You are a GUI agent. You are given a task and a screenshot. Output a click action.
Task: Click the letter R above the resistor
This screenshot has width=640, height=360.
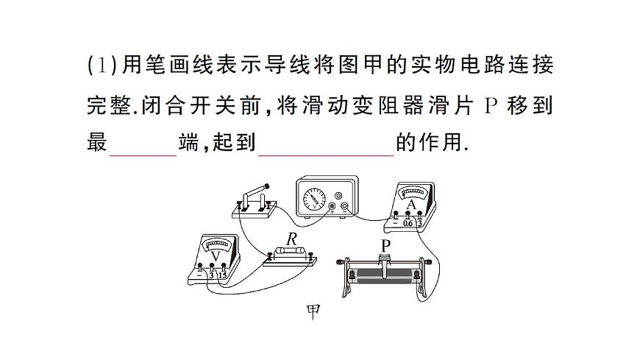pyautogui.click(x=292, y=239)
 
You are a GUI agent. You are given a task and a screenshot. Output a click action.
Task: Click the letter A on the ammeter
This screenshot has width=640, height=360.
pyautogui.click(x=411, y=204)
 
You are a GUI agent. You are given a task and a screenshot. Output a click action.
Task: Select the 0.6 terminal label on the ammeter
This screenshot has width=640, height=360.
pyautogui.click(x=408, y=223)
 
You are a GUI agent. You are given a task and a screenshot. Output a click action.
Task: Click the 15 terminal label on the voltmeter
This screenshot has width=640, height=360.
pyautogui.click(x=224, y=275)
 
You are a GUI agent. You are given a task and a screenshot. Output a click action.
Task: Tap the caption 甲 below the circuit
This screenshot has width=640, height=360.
pyautogui.click(x=313, y=311)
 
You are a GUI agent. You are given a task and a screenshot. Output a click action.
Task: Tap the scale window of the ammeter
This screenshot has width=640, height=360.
pyautogui.click(x=410, y=193)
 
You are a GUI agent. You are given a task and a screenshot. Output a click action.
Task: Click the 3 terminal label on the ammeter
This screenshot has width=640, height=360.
pyautogui.click(x=420, y=223)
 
